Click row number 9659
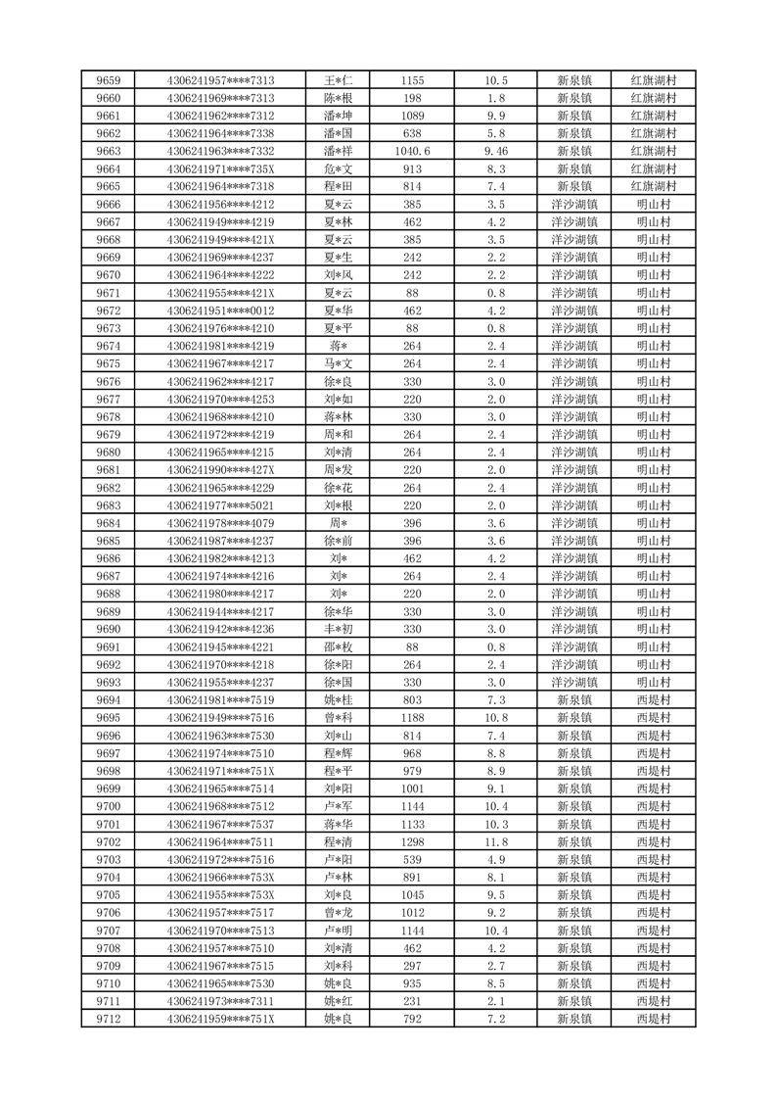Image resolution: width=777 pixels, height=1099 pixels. [x=109, y=80]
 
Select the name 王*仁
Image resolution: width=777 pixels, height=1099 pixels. [x=338, y=80]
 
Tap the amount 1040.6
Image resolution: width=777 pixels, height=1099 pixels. [x=412, y=151]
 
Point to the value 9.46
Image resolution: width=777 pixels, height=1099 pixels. [x=496, y=151]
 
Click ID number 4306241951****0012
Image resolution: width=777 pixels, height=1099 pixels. [x=220, y=311]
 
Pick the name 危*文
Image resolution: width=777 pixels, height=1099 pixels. [x=338, y=168]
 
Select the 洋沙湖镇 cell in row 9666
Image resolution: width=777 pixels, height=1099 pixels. [x=574, y=204]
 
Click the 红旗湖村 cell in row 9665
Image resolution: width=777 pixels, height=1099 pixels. [x=653, y=186]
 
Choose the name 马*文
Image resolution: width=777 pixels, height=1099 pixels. [x=338, y=363]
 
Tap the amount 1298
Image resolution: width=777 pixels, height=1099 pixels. [x=412, y=841]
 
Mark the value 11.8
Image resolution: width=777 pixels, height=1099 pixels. [x=496, y=841]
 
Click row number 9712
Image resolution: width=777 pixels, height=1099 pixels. [x=109, y=1019]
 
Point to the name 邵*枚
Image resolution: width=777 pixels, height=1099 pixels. [x=338, y=646]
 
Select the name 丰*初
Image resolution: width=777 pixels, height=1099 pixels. [x=338, y=629]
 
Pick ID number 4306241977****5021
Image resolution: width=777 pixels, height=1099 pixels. [x=220, y=505]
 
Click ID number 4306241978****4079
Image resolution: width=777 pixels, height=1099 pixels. [x=220, y=523]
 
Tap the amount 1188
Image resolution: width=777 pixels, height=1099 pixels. [x=412, y=717]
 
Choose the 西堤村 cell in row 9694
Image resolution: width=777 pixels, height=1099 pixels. [x=653, y=699]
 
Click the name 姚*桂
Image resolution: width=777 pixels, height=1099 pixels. [x=338, y=699]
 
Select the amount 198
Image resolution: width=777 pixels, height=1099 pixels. [x=412, y=98]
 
